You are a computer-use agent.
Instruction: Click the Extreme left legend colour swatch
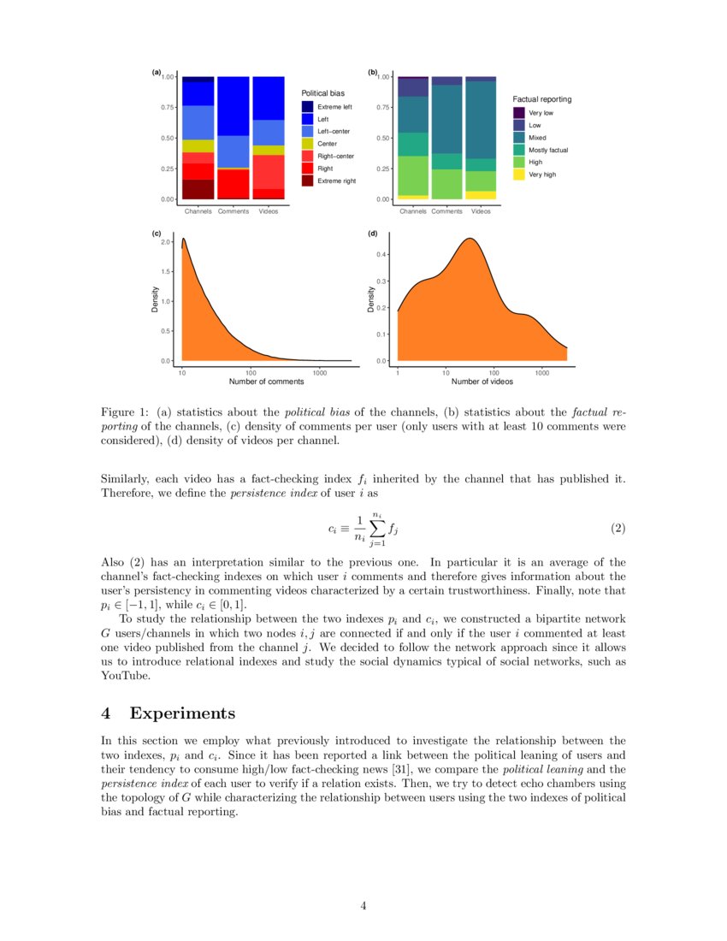[306, 107]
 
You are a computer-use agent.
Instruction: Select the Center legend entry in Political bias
[327, 144]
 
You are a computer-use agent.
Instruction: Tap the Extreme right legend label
[336, 181]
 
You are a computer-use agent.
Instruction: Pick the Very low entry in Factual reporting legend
[541, 113]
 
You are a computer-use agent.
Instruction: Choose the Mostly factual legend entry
[548, 150]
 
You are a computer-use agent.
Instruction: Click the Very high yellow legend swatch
[518, 175]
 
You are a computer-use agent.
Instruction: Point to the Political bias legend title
[322, 92]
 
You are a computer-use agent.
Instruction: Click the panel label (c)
[157, 234]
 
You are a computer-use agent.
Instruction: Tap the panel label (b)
[373, 73]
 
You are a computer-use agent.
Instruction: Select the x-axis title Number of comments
[266, 382]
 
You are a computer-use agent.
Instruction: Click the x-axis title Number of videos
[482, 382]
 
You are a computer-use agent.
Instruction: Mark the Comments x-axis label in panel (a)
[233, 211]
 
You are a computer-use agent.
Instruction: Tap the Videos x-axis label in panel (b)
[481, 211]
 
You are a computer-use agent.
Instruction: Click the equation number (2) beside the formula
[618, 529]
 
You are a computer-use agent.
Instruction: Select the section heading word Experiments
[182, 713]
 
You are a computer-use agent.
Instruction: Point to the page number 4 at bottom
[363, 906]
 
